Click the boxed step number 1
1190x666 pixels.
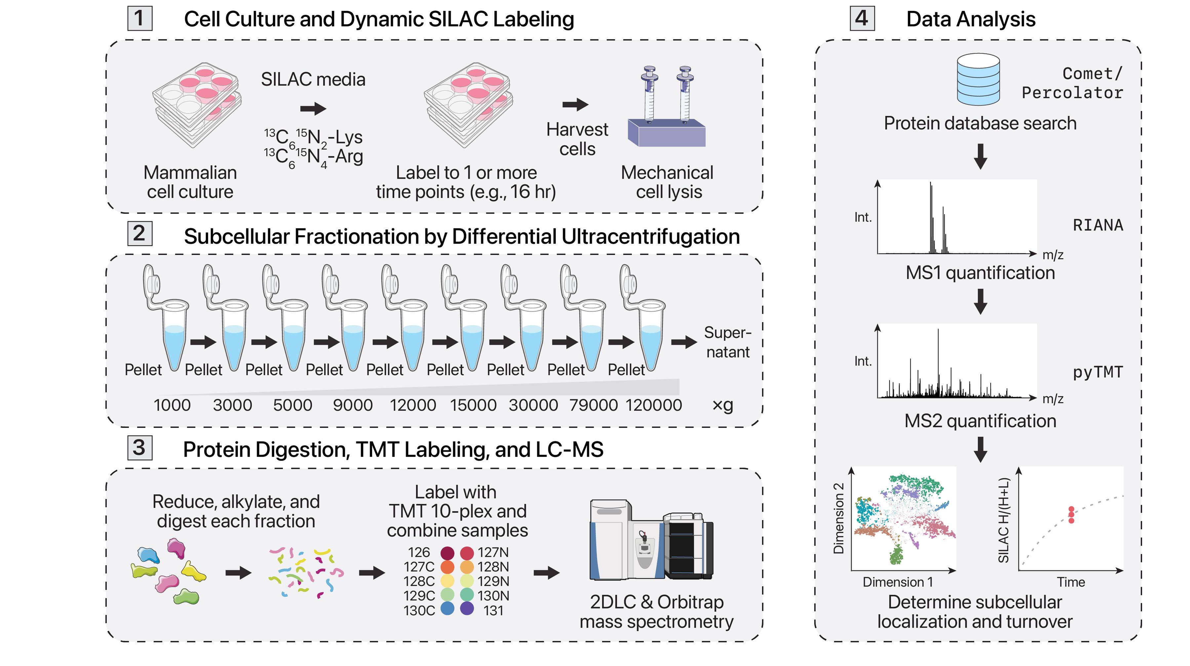coord(139,19)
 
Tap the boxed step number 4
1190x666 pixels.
coord(862,19)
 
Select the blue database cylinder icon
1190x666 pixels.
coord(978,79)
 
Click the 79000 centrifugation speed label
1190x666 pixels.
coord(593,405)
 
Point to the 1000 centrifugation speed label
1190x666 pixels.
coord(172,405)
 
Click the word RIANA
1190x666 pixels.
coord(1097,225)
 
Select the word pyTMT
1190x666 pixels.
coord(1097,372)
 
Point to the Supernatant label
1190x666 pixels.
coord(728,342)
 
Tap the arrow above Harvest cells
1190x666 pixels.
coord(575,105)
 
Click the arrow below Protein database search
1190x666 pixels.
coord(980,157)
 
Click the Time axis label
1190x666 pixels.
coord(1071,582)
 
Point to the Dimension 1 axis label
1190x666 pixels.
coord(897,582)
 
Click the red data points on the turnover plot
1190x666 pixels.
coord(1071,515)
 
